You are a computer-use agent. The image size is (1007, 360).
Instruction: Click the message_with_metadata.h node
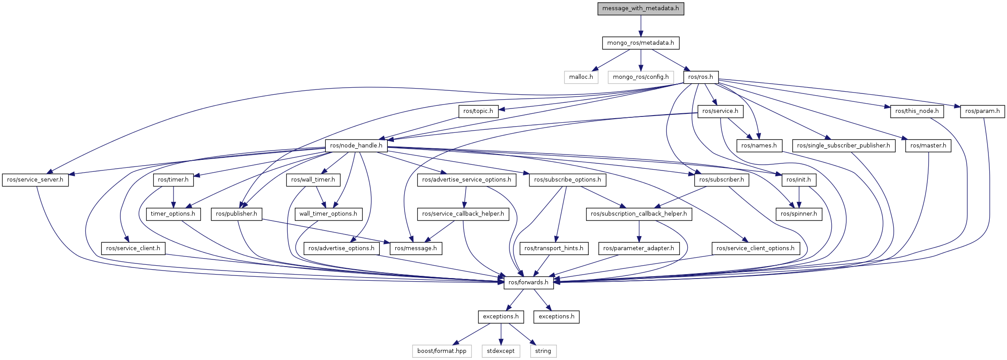point(640,8)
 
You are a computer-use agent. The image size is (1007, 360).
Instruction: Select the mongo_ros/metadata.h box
point(640,43)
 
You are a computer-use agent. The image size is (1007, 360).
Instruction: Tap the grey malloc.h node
point(581,77)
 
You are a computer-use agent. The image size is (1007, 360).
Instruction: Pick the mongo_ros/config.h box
point(640,77)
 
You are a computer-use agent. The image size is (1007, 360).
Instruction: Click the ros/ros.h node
point(700,77)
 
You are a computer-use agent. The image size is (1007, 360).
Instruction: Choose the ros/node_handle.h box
point(356,145)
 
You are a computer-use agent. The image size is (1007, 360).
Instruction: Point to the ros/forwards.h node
point(529,282)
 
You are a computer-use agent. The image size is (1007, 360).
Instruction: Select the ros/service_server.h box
point(35,180)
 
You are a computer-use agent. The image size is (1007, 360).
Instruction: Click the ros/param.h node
point(982,111)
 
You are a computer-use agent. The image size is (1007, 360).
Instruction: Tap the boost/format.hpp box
point(442,351)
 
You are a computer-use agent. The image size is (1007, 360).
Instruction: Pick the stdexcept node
point(501,351)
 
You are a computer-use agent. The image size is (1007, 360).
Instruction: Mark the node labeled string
point(543,351)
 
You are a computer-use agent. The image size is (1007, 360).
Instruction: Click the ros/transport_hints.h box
point(554,248)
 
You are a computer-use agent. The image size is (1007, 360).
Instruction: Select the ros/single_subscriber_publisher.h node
point(843,146)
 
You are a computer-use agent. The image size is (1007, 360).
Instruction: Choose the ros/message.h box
point(416,248)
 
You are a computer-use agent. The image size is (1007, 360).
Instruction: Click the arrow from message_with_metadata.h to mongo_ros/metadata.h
point(640,26)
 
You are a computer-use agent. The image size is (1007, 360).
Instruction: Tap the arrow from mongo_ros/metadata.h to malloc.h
point(611,60)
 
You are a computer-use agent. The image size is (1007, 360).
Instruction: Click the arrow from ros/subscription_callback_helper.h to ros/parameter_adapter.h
point(639,231)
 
